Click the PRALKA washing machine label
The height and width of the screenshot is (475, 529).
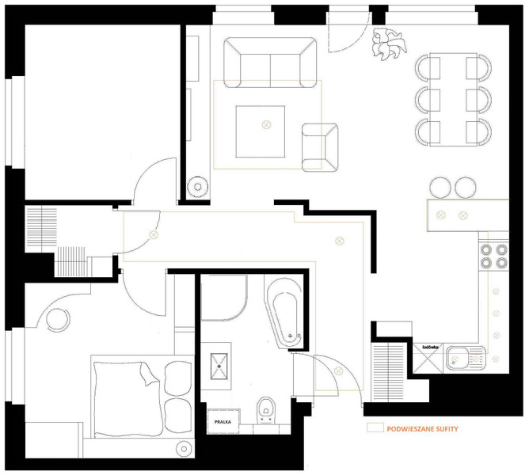pos(223,422)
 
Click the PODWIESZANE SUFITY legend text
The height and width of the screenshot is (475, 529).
pos(422,429)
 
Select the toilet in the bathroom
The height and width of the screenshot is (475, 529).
pos(266,410)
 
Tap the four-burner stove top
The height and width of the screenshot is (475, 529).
pos(493,256)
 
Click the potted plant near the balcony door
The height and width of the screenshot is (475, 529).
pos(388,44)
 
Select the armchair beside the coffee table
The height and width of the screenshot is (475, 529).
pos(320,147)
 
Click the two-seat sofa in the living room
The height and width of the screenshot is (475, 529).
pos(270,63)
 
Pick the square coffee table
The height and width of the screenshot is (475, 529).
pos(260,131)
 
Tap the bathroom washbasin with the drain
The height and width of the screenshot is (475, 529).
pos(219,366)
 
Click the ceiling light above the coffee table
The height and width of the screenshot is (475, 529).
pos(267,125)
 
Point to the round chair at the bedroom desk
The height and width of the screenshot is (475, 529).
pos(58,319)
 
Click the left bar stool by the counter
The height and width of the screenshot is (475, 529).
pos(440,188)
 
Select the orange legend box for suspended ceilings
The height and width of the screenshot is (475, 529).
pos(375,427)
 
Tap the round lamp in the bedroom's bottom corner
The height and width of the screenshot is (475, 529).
pos(184,449)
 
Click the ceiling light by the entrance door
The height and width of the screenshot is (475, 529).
pos(338,370)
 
